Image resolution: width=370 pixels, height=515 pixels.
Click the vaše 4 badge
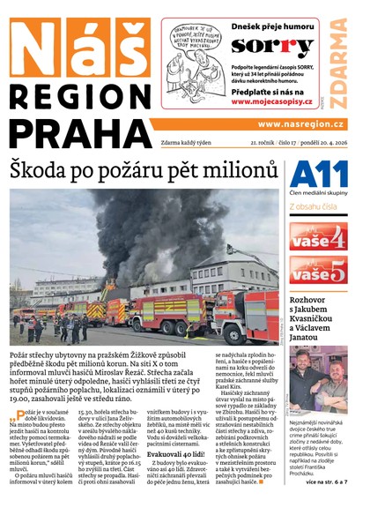pyautogui.click(x=319, y=236)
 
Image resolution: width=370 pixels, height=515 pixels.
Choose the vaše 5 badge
pyautogui.click(x=319, y=272)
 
